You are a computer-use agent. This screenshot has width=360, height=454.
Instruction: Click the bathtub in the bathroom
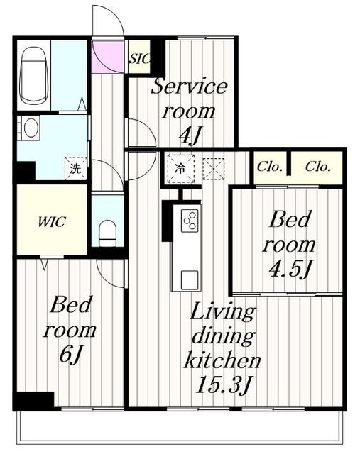click(33, 75)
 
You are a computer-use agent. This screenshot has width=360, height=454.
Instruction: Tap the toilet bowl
click(107, 233)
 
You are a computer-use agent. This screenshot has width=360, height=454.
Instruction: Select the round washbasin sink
click(31, 128)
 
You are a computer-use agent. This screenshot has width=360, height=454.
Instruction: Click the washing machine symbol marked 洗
click(76, 168)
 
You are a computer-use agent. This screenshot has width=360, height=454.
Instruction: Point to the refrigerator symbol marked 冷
click(180, 169)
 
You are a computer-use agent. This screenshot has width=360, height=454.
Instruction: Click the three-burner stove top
click(190, 221)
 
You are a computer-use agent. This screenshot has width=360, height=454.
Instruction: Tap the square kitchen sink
click(190, 280)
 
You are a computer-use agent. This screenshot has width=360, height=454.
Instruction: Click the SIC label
click(140, 59)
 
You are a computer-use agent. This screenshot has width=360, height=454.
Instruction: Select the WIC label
click(52, 222)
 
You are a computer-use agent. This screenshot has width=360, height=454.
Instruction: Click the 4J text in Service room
click(190, 135)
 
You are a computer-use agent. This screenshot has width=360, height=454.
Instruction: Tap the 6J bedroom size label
click(70, 355)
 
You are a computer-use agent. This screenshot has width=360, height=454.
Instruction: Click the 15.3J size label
click(223, 384)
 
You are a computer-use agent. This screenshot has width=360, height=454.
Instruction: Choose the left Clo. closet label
click(270, 167)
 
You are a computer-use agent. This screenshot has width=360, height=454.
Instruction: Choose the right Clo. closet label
click(318, 167)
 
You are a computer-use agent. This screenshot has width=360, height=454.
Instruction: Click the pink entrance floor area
click(109, 57)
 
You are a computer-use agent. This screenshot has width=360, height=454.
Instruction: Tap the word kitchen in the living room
click(222, 360)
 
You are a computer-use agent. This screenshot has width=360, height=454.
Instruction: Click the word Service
click(190, 86)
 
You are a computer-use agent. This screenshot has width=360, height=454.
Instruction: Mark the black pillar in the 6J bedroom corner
click(34, 400)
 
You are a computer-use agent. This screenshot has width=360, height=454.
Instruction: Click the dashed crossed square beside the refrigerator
click(213, 169)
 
